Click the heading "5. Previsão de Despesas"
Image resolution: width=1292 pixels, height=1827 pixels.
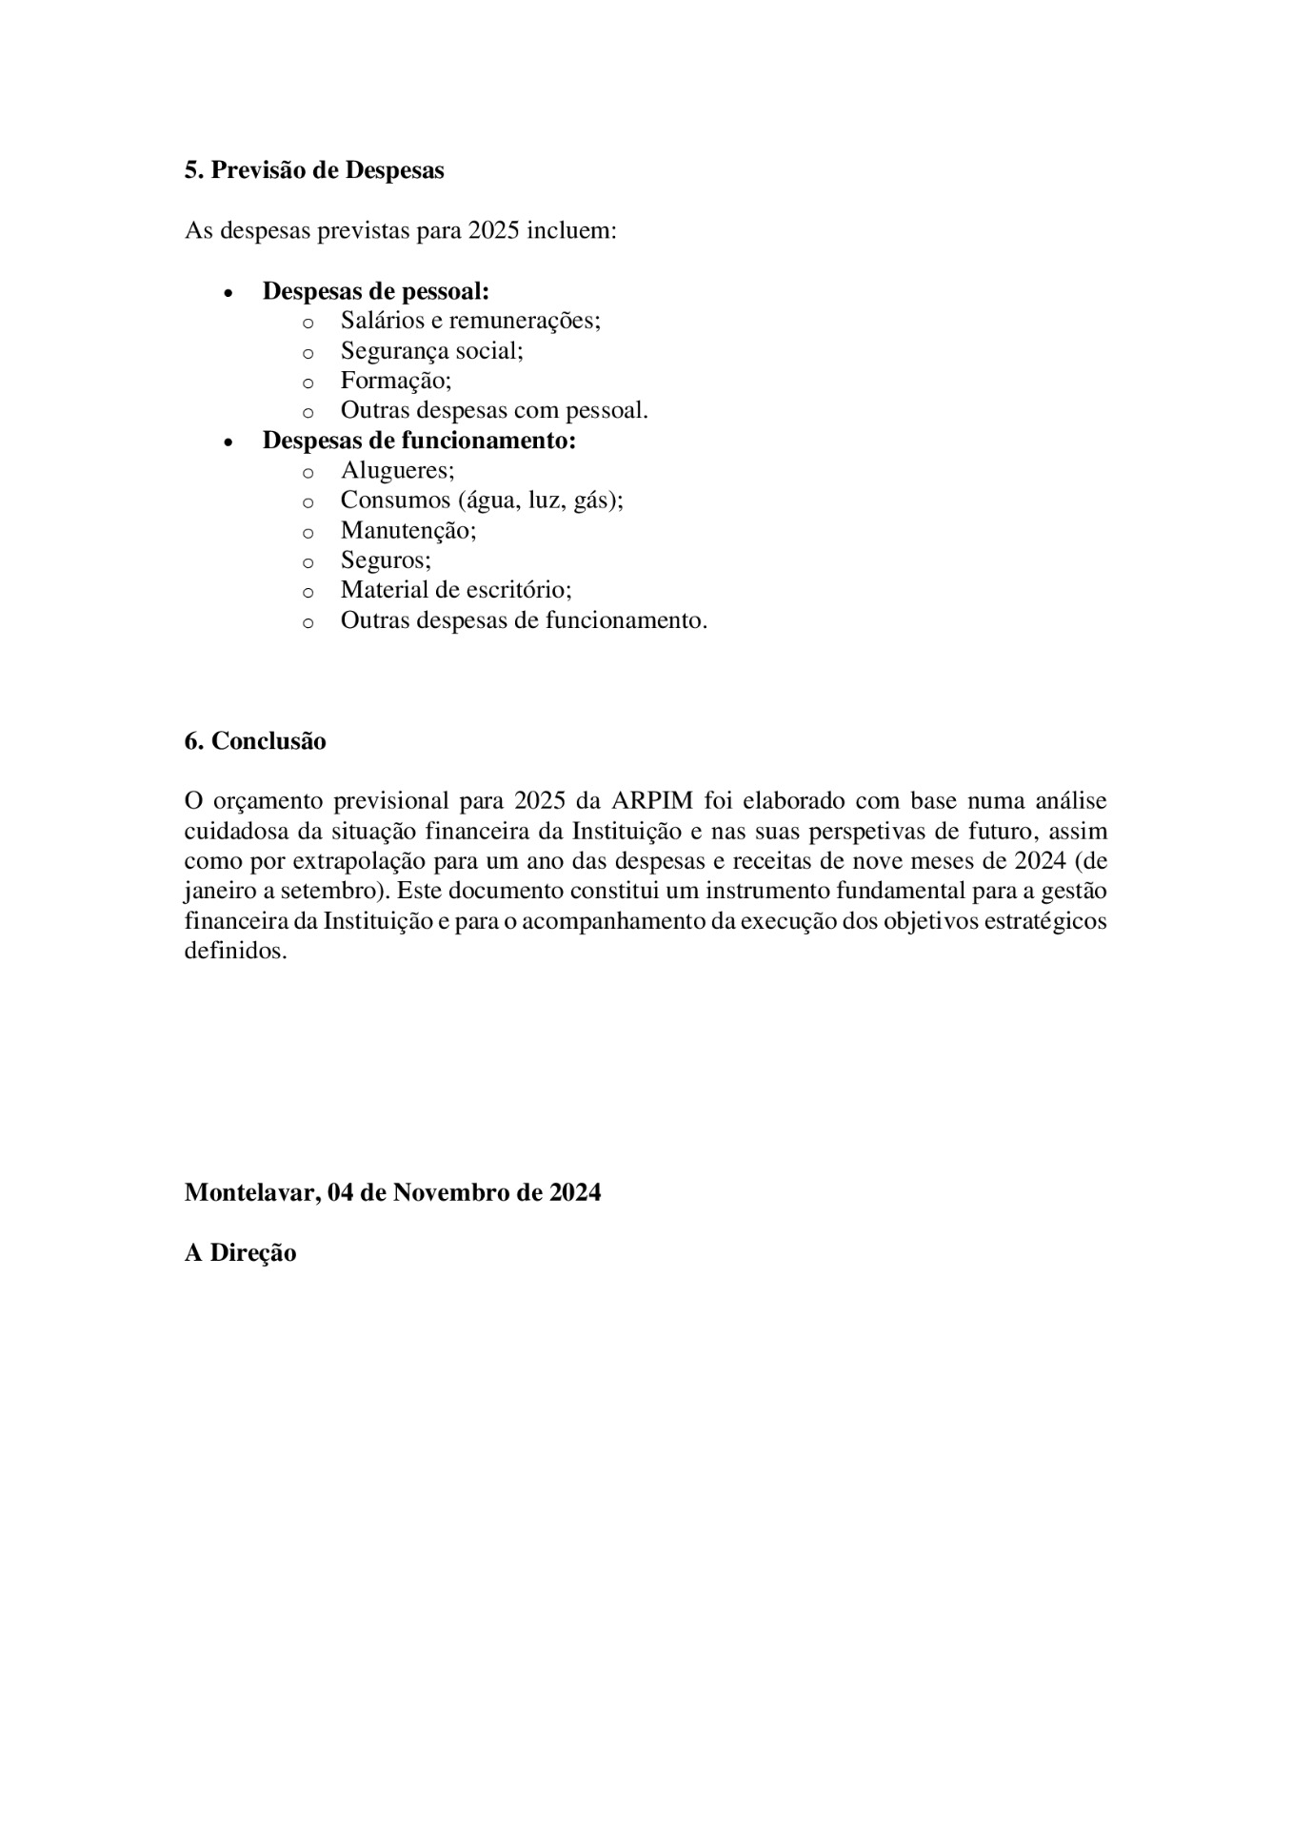314,170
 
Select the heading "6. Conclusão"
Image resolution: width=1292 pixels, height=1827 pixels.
255,741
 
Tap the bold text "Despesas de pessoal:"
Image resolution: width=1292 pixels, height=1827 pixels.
376,291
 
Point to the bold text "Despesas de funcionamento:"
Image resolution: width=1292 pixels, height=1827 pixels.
419,441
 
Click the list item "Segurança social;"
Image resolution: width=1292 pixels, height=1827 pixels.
432,351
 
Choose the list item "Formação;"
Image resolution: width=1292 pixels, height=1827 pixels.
396,381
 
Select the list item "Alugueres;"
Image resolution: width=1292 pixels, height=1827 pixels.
398,471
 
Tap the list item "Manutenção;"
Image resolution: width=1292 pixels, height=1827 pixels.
408,530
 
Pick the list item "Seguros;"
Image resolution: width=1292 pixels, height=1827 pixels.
386,560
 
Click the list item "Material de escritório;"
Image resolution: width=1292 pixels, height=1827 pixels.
456,590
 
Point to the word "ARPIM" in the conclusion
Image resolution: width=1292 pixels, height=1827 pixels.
652,801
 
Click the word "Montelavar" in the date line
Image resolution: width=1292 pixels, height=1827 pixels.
250,1192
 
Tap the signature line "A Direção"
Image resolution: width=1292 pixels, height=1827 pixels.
240,1252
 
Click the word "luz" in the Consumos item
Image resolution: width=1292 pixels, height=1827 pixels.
546,501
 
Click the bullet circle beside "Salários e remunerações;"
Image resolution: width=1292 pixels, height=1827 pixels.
308,323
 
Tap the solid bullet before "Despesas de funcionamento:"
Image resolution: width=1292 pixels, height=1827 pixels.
228,442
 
